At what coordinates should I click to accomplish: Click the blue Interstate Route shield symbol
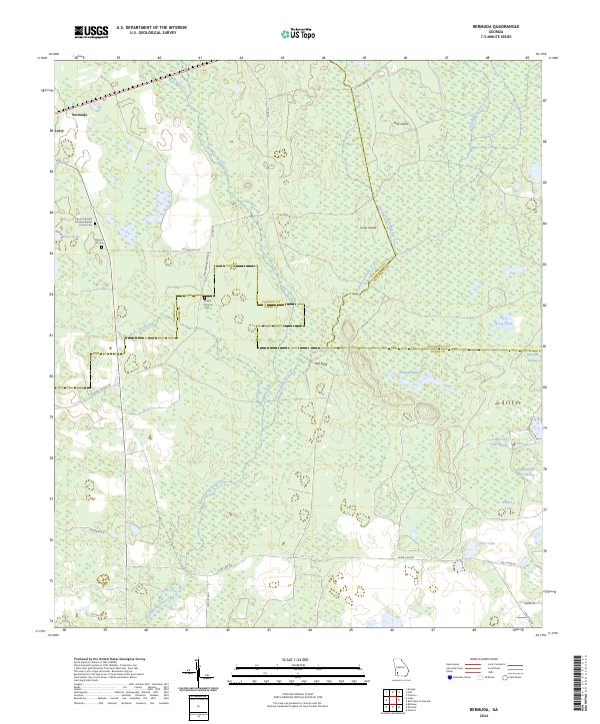point(449,678)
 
